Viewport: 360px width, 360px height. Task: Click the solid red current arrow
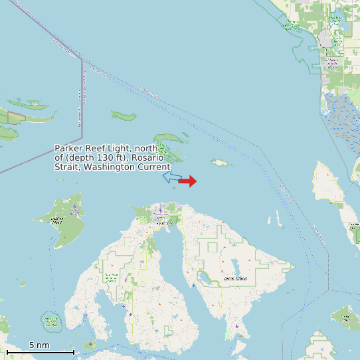point(187,181)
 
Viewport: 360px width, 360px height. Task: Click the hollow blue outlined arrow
point(172,177)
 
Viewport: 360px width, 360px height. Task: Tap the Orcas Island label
point(236,278)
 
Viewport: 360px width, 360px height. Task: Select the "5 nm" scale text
point(39,345)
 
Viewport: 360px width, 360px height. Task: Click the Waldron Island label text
point(57,220)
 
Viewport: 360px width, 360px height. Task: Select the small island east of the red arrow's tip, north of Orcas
point(220,162)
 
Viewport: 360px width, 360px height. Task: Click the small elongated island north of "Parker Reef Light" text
point(124,116)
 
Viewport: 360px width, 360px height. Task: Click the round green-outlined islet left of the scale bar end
point(51,321)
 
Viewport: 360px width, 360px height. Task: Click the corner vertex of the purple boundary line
point(82,59)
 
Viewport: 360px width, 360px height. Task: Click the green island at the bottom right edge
point(346,318)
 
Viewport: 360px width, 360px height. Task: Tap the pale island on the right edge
point(329,182)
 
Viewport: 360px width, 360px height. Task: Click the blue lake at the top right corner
point(345,23)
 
